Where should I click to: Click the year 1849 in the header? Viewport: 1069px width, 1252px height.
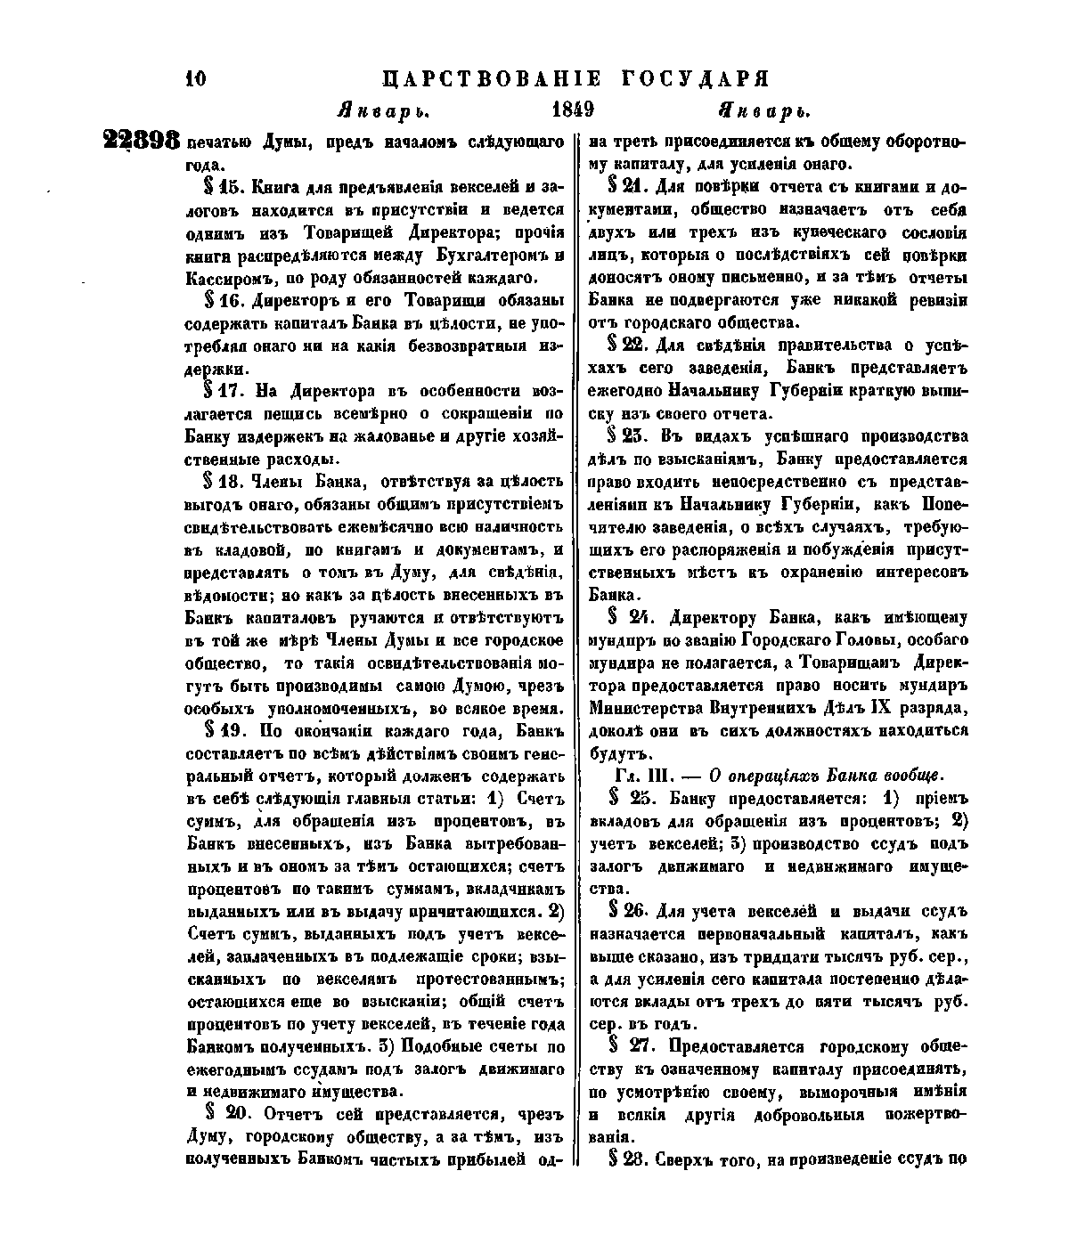pos(571,111)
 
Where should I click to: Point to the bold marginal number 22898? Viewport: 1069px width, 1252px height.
pos(143,142)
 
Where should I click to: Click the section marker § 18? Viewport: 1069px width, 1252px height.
pos(225,482)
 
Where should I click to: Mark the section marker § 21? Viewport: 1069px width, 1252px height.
pos(627,187)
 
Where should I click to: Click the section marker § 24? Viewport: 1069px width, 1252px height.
pos(629,617)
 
